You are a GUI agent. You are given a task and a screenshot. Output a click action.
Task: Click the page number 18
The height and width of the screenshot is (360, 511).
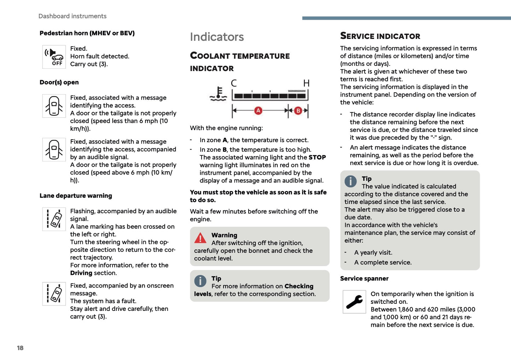(x=20, y=348)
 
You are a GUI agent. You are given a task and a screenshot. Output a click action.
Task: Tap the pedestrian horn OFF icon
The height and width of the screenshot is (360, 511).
(x=54, y=57)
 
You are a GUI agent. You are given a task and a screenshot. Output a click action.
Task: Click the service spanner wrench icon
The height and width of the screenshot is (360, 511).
(x=354, y=302)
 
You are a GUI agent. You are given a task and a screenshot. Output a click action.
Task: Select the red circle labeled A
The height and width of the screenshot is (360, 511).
(x=258, y=111)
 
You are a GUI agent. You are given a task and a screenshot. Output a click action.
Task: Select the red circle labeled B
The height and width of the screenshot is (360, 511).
(x=298, y=111)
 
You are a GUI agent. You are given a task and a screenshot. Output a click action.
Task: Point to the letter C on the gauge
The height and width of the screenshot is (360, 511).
(x=234, y=83)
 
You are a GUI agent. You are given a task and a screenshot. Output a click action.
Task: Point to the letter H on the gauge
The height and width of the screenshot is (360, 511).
(x=306, y=83)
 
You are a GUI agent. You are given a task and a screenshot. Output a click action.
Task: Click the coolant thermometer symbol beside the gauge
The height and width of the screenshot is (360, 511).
(x=218, y=94)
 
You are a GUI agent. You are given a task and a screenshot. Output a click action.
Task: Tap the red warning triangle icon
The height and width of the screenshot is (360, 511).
(x=201, y=238)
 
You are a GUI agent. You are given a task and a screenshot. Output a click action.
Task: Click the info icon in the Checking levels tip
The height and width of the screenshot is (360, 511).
(x=201, y=281)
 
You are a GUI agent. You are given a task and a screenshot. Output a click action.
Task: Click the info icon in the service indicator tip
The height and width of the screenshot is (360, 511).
(x=350, y=181)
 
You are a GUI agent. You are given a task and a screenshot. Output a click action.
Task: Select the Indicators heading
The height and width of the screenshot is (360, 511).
(x=217, y=37)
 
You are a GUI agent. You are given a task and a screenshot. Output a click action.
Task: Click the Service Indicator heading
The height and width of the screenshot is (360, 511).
(x=380, y=36)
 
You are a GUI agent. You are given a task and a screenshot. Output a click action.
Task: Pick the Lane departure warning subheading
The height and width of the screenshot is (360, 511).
(x=76, y=196)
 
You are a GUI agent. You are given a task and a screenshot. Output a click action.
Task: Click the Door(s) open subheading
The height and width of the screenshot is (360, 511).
(x=59, y=82)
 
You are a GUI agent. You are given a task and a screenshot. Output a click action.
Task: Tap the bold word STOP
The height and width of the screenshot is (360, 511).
(x=317, y=157)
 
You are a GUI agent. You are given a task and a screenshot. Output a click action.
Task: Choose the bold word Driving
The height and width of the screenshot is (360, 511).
(x=81, y=273)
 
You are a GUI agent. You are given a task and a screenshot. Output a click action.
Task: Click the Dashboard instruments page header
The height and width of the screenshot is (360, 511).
(x=72, y=16)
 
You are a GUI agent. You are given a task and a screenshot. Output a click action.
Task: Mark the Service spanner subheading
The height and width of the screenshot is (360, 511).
(x=364, y=278)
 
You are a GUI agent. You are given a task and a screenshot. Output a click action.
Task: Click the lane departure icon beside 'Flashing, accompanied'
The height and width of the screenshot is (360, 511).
(x=54, y=219)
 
